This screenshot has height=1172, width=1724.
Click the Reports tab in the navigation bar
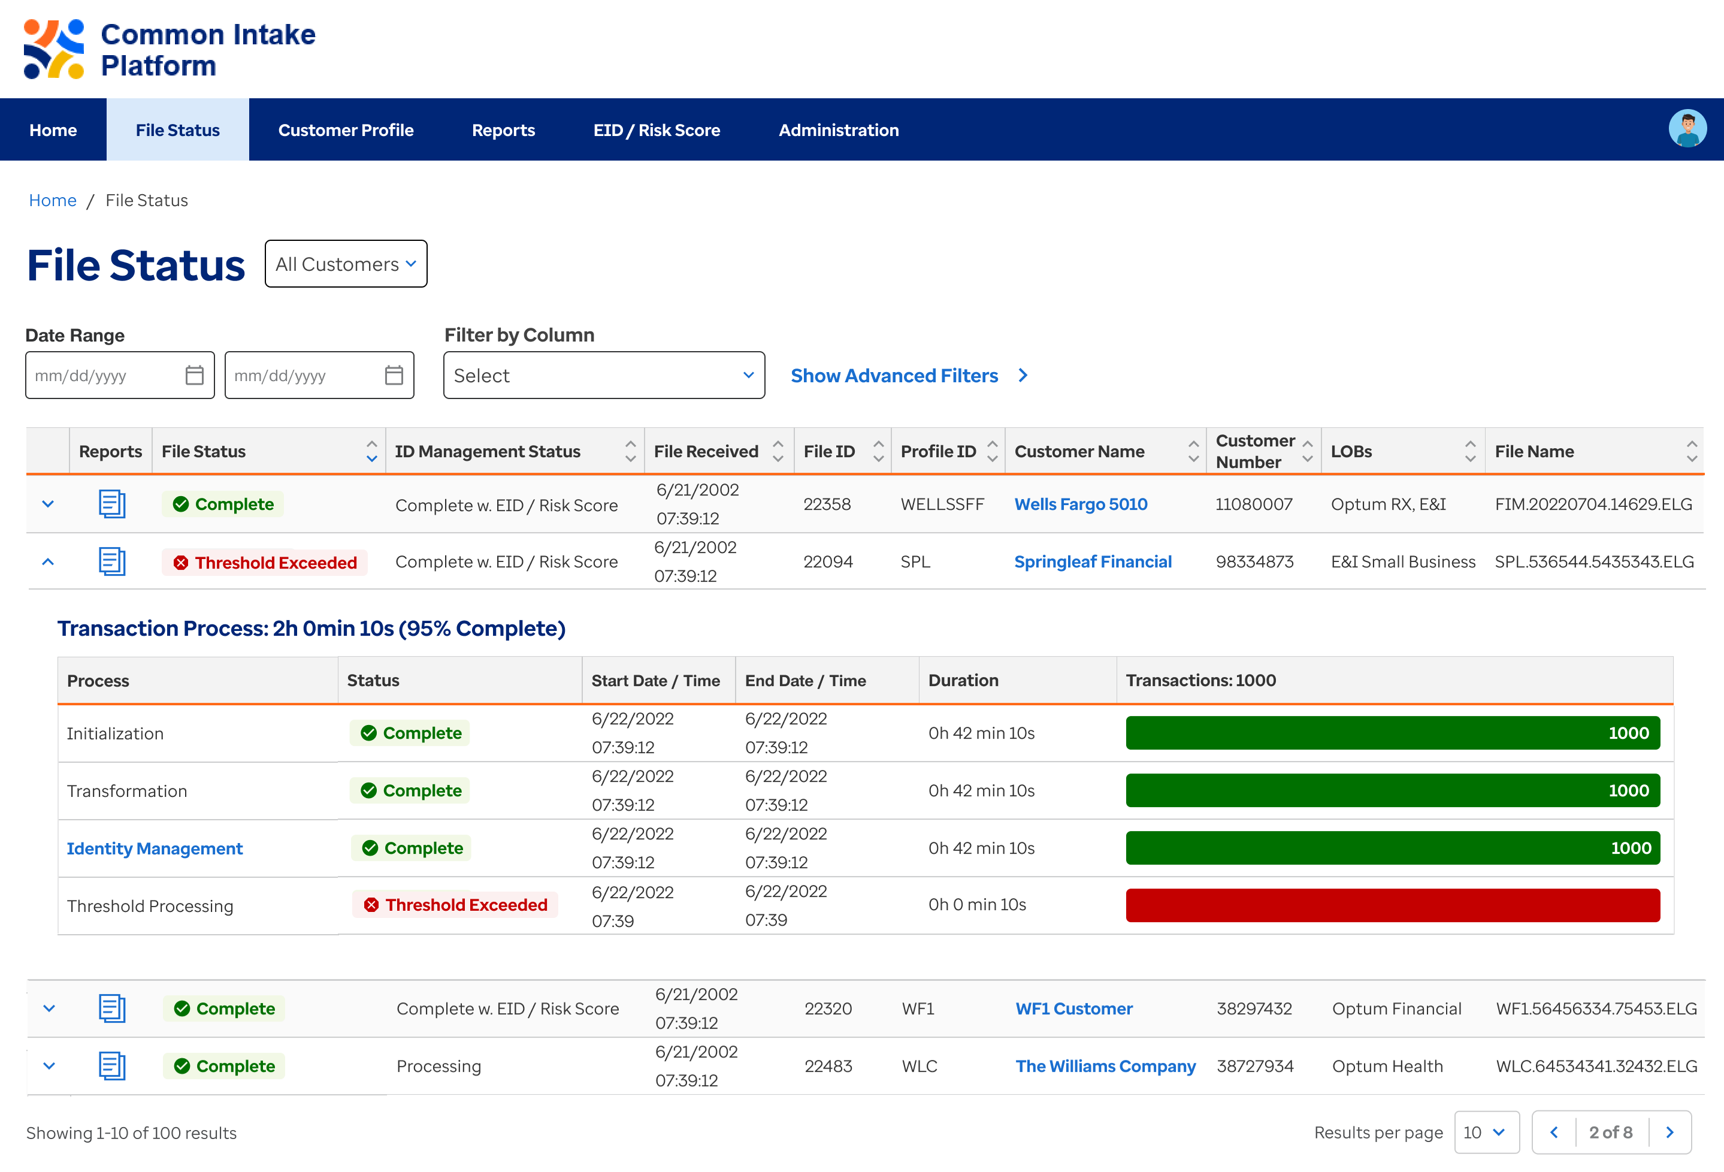[503, 130]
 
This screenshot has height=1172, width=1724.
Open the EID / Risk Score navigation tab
[657, 130]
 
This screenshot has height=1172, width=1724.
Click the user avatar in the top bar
[1687, 129]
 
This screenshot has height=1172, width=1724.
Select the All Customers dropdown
[346, 264]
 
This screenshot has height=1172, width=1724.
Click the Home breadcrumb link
[53, 200]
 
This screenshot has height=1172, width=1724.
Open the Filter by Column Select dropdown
[604, 375]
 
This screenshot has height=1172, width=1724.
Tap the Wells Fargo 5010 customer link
[1080, 504]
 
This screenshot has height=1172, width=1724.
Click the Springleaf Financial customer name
[1093, 562]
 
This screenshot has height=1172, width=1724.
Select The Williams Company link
[1105, 1066]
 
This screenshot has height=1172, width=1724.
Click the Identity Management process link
[155, 848]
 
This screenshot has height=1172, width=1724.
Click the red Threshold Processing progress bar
[1392, 905]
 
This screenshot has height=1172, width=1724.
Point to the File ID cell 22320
[828, 1008]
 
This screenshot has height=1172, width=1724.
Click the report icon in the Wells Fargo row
[112, 504]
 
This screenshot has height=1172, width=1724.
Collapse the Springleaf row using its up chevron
[48, 562]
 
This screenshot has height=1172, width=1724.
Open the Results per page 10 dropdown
[1486, 1132]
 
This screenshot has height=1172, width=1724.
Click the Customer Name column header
[1079, 451]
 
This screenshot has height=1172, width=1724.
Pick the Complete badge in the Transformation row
[410, 790]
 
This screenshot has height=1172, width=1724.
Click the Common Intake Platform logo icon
[53, 50]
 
